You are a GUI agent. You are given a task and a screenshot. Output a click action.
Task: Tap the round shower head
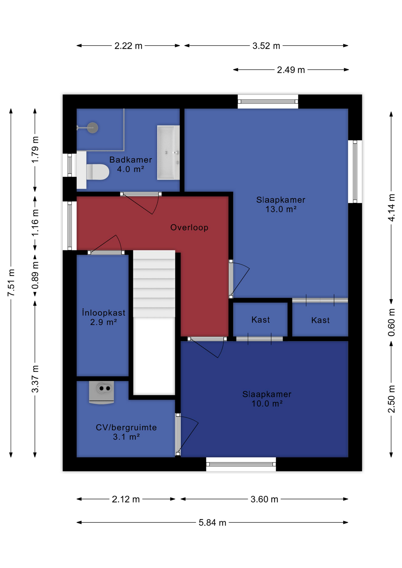(93, 128)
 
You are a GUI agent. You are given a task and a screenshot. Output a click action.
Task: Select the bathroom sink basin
(168, 153)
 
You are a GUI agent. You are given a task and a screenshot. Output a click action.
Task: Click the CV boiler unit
(102, 392)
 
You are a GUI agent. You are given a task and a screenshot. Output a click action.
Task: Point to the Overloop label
(189, 227)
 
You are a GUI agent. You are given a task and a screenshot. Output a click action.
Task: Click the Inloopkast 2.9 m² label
(104, 317)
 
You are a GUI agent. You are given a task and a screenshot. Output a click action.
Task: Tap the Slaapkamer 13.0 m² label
(281, 204)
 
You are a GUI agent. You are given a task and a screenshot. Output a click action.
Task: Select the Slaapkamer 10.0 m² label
(267, 399)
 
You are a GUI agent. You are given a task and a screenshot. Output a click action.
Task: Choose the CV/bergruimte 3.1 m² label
(126, 432)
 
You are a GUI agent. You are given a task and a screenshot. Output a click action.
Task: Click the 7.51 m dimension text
(11, 283)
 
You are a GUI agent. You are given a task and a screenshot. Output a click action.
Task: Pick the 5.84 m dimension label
(213, 523)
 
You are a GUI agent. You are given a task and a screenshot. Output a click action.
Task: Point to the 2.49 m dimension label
(291, 70)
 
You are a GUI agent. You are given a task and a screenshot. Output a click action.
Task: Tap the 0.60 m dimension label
(391, 322)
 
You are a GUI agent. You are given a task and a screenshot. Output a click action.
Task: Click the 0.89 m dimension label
(35, 275)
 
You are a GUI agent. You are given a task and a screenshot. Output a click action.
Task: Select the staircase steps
(154, 284)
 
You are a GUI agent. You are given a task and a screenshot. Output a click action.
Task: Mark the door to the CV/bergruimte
(178, 434)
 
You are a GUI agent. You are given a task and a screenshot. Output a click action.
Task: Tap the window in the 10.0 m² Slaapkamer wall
(241, 464)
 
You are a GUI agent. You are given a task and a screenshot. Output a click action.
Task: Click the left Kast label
(261, 320)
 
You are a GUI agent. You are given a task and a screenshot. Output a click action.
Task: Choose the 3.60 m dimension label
(264, 499)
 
